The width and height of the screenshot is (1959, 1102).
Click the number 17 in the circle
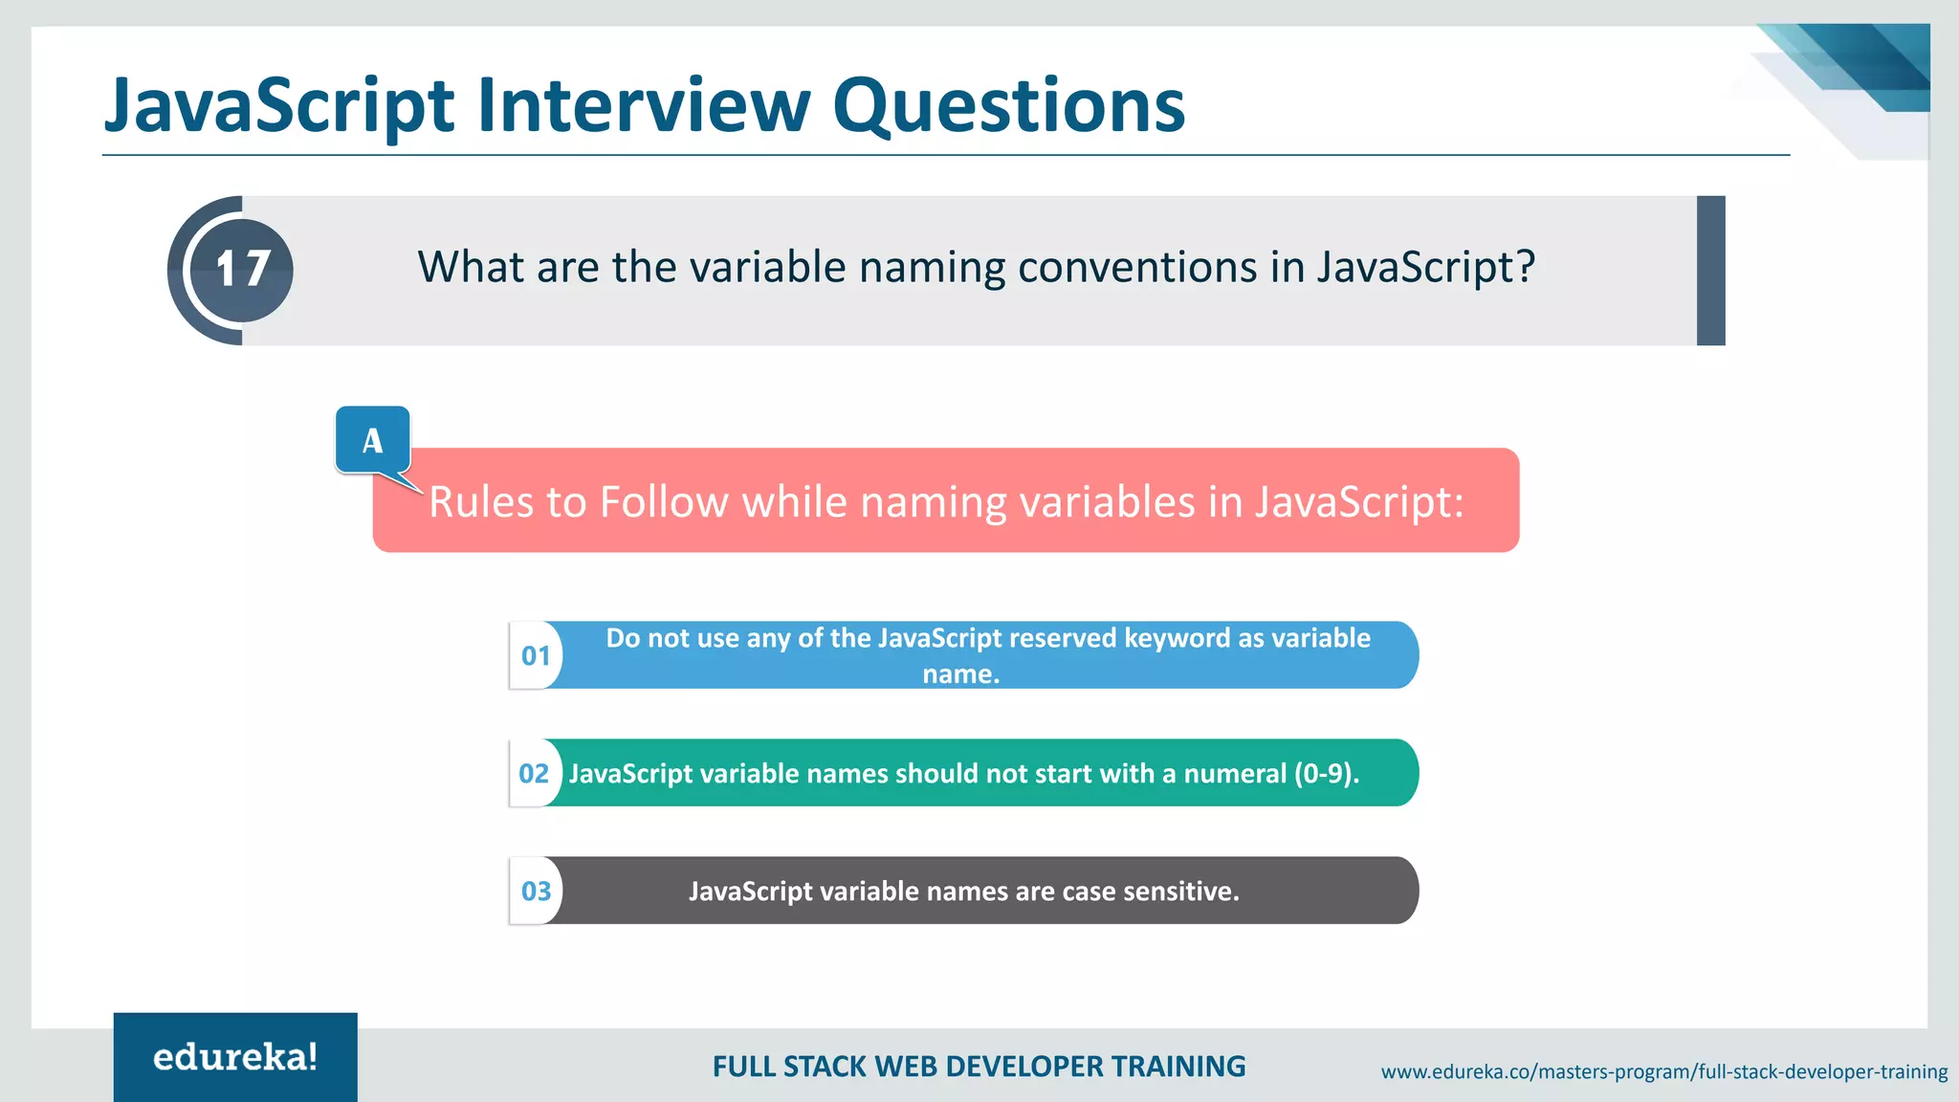click(x=242, y=270)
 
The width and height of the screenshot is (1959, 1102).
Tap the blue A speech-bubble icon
click(x=373, y=440)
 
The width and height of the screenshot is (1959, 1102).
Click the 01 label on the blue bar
click(x=536, y=656)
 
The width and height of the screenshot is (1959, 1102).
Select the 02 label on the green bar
click(x=534, y=774)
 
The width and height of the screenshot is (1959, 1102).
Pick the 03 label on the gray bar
click(x=536, y=892)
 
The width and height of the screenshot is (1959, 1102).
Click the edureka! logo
click(x=235, y=1057)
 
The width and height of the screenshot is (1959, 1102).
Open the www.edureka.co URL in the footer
click(x=1663, y=1071)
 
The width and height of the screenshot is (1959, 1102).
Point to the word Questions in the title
click(x=1008, y=105)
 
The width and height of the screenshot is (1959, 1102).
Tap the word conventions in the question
click(x=1136, y=267)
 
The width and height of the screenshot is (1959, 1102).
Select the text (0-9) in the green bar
click(x=1326, y=774)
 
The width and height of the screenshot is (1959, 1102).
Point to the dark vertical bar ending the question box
click(x=1710, y=271)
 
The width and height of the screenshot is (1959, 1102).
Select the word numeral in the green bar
click(x=1235, y=774)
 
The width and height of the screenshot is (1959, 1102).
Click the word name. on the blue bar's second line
click(x=961, y=674)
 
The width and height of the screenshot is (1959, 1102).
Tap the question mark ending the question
click(x=1526, y=267)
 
